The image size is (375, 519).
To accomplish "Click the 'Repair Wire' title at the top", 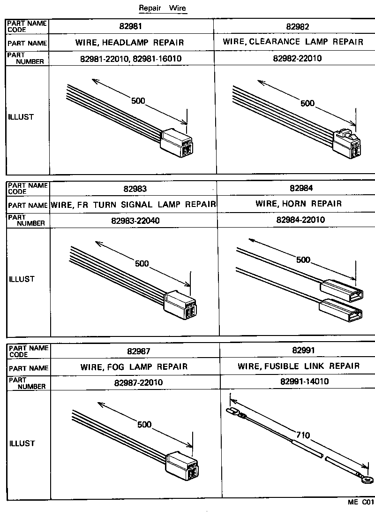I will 162,8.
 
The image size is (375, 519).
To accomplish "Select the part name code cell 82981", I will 131,27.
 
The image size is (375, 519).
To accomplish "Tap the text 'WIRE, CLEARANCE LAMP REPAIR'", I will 293,42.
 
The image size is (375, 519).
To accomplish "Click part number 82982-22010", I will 297,59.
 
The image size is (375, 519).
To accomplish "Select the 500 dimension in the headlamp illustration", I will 138,101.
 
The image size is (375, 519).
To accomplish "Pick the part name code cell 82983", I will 135,189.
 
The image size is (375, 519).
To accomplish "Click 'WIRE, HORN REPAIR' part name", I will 299,204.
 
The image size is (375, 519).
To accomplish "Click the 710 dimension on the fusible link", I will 303,435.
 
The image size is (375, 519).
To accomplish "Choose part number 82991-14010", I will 298,382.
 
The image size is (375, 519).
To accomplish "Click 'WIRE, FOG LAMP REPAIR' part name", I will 134,366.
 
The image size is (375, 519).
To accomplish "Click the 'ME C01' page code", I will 360,502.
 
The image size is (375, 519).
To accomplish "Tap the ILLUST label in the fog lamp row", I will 22,443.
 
